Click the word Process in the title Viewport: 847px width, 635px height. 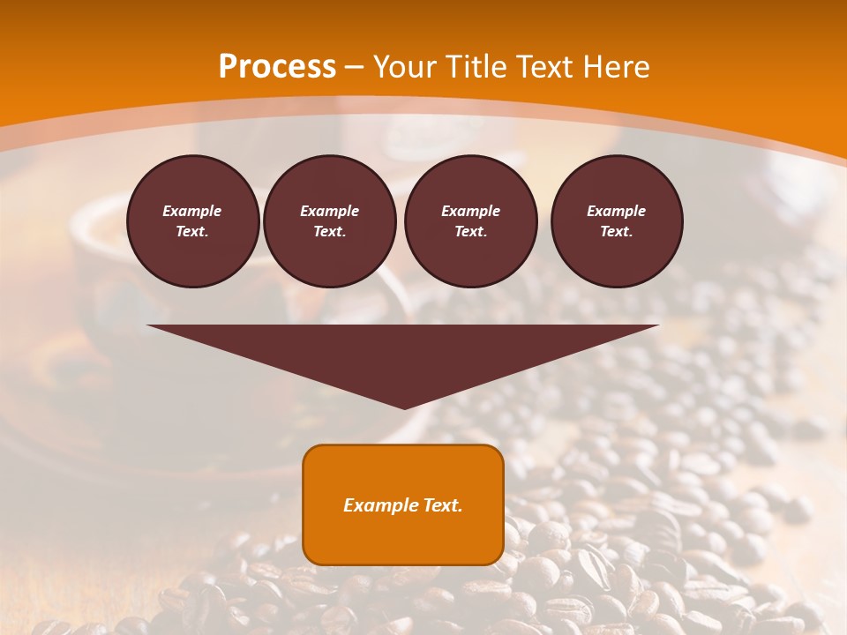pyautogui.click(x=277, y=67)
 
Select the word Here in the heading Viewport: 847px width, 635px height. pyautogui.click(x=617, y=67)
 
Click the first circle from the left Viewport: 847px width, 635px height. pyautogui.click(x=192, y=221)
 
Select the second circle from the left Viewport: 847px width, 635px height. pyautogui.click(x=329, y=221)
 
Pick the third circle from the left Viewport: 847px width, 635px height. pyautogui.click(x=470, y=221)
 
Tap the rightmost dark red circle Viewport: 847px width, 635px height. pyautogui.click(x=617, y=221)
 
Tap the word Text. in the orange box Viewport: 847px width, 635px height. pyautogui.click(x=440, y=505)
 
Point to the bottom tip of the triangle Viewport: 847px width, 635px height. pyautogui.click(x=404, y=407)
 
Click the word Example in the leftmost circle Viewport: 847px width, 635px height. pyautogui.click(x=192, y=211)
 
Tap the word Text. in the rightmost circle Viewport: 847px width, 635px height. pyautogui.click(x=617, y=232)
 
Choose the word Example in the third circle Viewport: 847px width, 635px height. pyautogui.click(x=470, y=211)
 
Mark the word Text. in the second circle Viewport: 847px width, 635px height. pyautogui.click(x=329, y=232)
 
